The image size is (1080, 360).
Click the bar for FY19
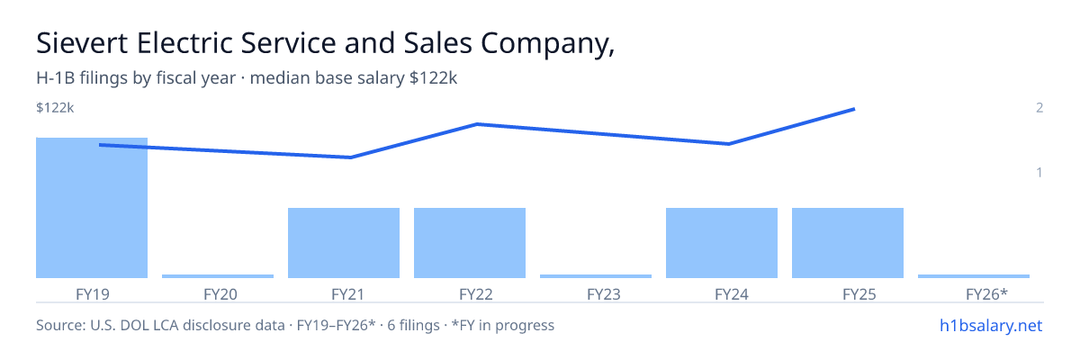pyautogui.click(x=92, y=208)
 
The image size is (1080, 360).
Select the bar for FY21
pyautogui.click(x=344, y=243)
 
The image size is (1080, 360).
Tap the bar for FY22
pyautogui.click(x=470, y=243)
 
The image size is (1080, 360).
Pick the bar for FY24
pyautogui.click(x=722, y=243)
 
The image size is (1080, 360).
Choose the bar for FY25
pyautogui.click(x=848, y=243)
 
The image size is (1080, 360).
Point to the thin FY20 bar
pyautogui.click(x=218, y=276)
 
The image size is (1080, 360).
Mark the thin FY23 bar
pyautogui.click(x=596, y=276)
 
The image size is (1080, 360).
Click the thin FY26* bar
pyautogui.click(x=974, y=276)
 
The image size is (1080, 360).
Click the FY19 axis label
pyautogui.click(x=93, y=294)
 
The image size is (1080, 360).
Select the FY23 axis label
pyautogui.click(x=604, y=294)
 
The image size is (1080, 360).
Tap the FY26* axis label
pyautogui.click(x=986, y=294)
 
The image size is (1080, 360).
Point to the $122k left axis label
pyautogui.click(x=55, y=107)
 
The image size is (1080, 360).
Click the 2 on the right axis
pyautogui.click(x=1039, y=107)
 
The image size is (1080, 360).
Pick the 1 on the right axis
pyautogui.click(x=1039, y=172)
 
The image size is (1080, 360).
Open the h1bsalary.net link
pyautogui.click(x=991, y=325)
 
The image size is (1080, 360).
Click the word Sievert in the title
pyautogui.click(x=82, y=43)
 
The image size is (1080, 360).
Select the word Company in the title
pyautogui.click(x=548, y=44)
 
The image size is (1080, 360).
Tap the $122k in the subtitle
pyautogui.click(x=433, y=77)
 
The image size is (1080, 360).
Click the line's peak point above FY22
pyautogui.click(x=477, y=124)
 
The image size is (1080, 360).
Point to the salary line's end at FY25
pyautogui.click(x=854, y=110)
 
